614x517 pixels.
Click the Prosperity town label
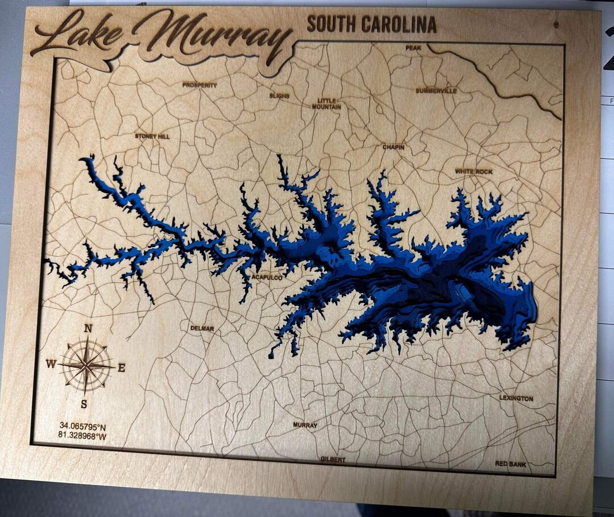pos(200,85)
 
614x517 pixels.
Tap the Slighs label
pos(279,96)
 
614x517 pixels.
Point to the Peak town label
pos(413,48)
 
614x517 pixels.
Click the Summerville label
pos(436,91)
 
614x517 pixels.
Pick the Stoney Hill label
pos(152,136)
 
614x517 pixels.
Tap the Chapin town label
pos(393,147)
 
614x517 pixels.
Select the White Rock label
pos(474,172)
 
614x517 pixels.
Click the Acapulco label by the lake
pos(267,278)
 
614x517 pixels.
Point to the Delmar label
pos(202,328)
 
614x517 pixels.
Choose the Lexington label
pos(516,399)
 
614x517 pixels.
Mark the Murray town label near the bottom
pos(305,425)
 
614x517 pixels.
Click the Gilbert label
pos(333,459)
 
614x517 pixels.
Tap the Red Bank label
pos(510,464)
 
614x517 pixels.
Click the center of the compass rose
pos(86,365)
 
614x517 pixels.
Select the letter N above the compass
pos(88,328)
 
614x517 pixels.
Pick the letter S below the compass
pos(84,405)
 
